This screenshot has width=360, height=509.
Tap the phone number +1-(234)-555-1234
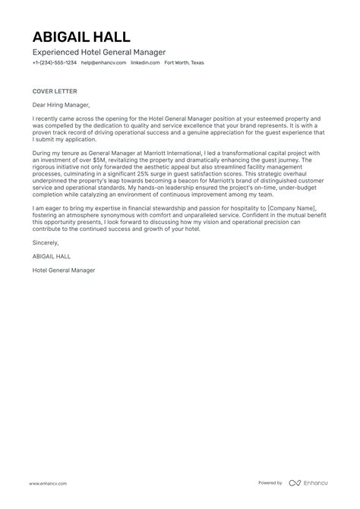54,63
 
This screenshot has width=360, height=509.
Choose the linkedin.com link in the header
145,63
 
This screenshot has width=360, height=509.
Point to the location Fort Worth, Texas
184,63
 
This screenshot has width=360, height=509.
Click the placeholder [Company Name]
298,207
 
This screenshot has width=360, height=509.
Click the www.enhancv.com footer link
47,484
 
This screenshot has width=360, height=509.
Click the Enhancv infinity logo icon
295,484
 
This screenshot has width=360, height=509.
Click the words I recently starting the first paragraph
45,119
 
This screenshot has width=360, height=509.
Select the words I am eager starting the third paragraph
47,207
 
